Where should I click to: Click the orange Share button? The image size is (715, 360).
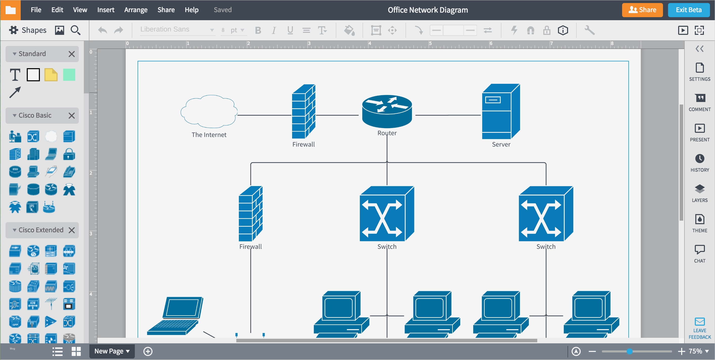[642, 10]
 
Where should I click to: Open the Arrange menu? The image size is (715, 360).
[136, 10]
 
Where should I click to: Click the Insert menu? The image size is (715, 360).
[106, 10]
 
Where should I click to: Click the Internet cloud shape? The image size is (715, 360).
[209, 111]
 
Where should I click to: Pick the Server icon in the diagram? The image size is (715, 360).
[500, 111]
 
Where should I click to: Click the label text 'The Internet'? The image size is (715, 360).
[209, 135]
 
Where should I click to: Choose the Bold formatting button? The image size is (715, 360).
[258, 30]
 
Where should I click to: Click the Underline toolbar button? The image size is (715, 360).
[290, 30]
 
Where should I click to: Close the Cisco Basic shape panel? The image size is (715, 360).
[72, 115]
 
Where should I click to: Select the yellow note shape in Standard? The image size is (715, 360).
[51, 75]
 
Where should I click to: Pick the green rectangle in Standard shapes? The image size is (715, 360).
[69, 75]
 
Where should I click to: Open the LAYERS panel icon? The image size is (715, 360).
[699, 189]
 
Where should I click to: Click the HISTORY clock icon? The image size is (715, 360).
[699, 159]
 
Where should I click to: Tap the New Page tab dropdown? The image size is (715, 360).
[112, 351]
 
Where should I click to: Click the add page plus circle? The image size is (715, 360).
[148, 351]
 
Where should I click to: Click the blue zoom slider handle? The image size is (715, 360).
[629, 351]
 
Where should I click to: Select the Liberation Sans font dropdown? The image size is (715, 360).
[177, 30]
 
